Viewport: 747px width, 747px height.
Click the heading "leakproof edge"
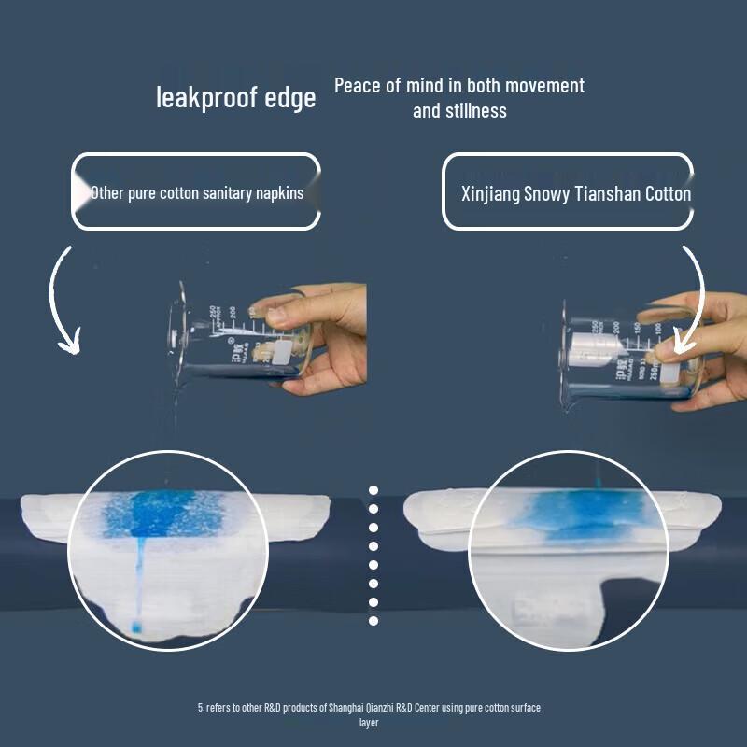(236, 96)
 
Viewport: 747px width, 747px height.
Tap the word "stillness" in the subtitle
(476, 110)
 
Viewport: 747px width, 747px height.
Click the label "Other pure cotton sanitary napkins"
(196, 193)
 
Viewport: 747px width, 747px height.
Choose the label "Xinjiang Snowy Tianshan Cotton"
(576, 194)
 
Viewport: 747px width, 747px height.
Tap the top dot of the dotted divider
(373, 490)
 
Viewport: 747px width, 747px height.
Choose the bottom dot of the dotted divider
(373, 620)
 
